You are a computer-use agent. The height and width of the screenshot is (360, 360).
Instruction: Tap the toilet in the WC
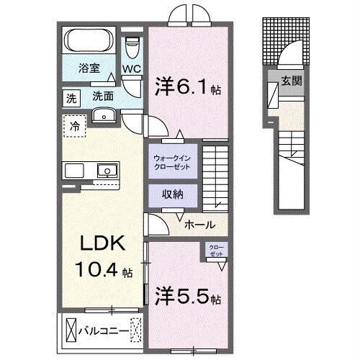(132, 48)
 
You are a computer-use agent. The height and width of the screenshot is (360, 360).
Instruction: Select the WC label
(131, 69)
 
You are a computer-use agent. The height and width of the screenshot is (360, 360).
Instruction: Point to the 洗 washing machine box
(71, 96)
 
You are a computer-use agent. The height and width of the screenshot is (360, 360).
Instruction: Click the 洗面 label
(102, 96)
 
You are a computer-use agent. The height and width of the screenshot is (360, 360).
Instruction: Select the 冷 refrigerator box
(75, 125)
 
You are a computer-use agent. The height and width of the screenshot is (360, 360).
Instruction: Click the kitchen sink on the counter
(106, 171)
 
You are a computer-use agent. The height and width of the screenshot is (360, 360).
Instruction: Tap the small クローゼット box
(215, 251)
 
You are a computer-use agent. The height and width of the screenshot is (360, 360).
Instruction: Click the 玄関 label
(291, 81)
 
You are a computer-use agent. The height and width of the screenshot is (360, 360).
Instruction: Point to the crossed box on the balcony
(71, 333)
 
